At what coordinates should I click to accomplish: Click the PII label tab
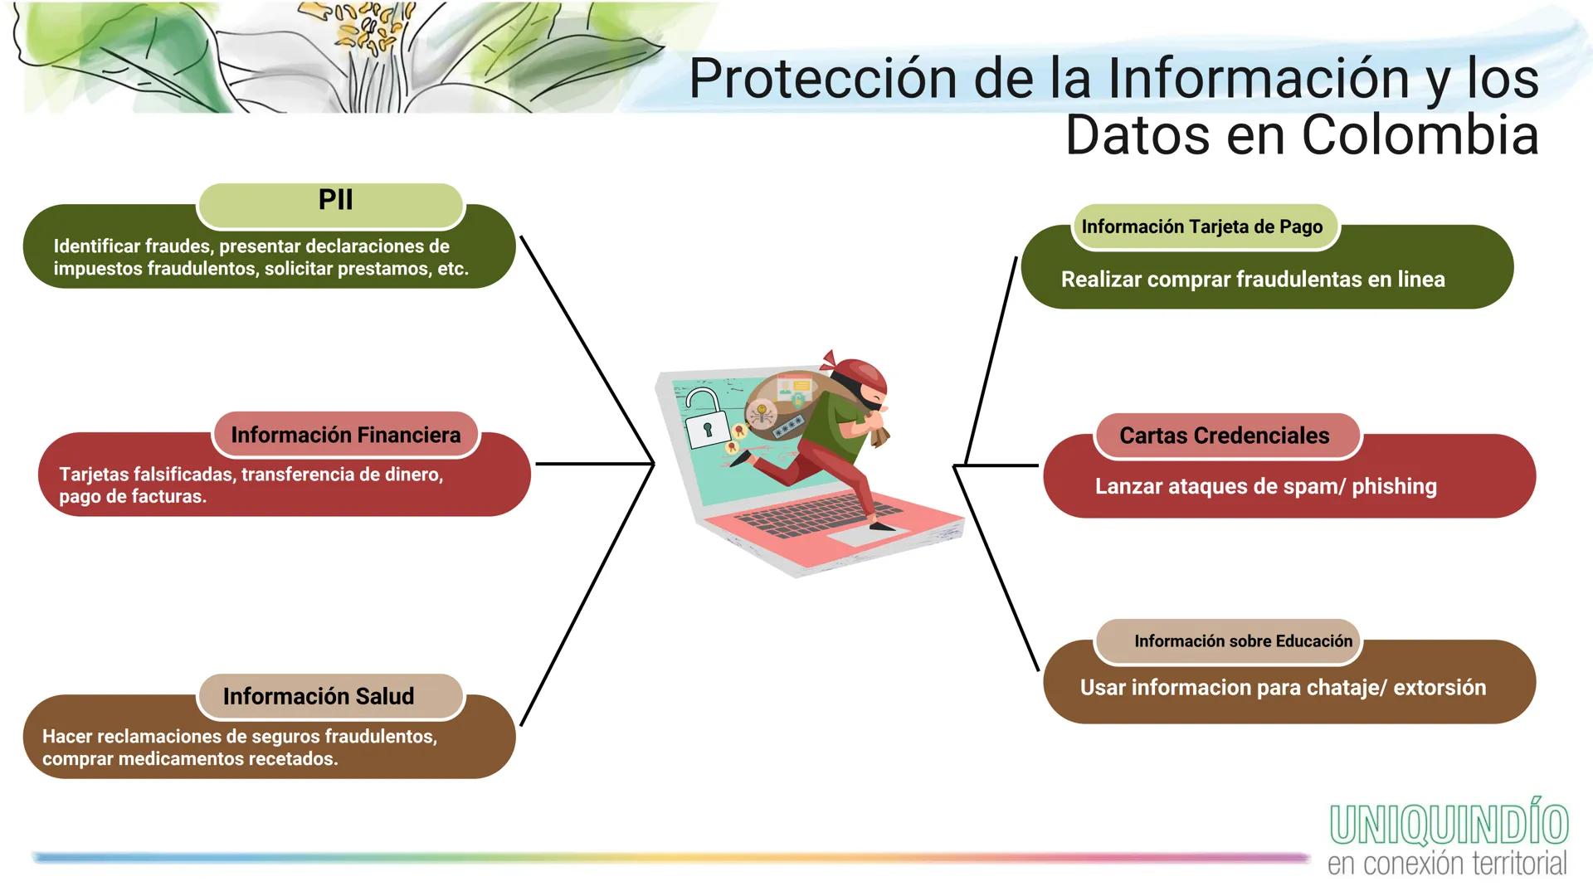(331, 202)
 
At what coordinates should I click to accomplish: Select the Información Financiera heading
(345, 435)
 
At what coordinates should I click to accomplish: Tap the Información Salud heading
(319, 696)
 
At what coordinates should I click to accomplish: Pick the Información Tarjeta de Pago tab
(1201, 226)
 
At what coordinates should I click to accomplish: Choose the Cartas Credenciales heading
(1224, 436)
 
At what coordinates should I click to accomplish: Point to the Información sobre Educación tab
(1242, 641)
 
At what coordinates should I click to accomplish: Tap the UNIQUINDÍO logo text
(1449, 825)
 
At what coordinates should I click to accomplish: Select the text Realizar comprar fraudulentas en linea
(1252, 280)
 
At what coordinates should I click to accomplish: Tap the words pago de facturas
(132, 497)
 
